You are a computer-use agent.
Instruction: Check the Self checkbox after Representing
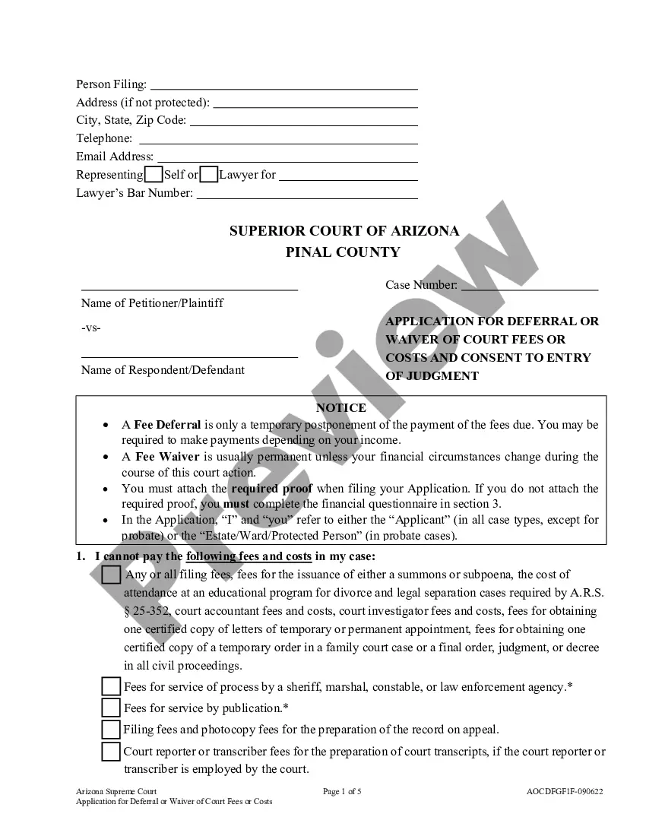153,175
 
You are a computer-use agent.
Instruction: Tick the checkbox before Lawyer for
209,175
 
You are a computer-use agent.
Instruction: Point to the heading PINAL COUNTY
343,252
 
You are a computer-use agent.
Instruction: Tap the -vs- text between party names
90,328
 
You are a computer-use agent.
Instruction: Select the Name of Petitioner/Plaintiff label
152,303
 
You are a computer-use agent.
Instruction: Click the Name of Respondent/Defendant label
163,370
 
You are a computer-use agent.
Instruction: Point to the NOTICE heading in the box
340,408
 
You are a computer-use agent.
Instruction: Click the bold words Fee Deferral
167,425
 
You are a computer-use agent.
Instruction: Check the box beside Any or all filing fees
111,575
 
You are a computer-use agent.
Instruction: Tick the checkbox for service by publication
111,708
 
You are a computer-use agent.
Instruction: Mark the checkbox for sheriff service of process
111,687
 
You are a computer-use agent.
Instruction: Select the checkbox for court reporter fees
111,752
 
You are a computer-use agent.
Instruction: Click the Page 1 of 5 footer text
342,791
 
